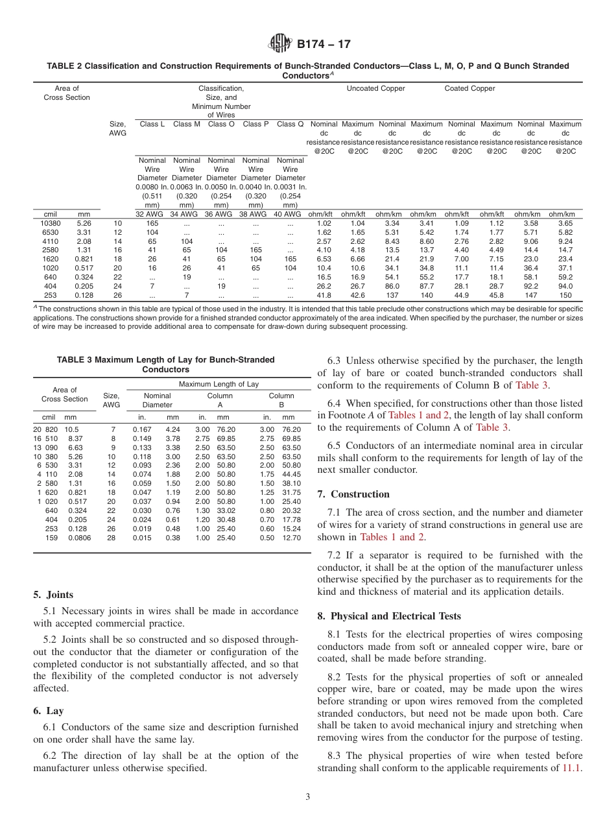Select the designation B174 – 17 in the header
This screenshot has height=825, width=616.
click(x=324, y=45)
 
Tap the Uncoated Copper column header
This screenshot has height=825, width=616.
click(x=376, y=88)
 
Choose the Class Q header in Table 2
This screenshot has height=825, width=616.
click(x=290, y=124)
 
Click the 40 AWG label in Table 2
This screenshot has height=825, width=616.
click(x=290, y=214)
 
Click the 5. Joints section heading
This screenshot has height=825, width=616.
click(x=53, y=595)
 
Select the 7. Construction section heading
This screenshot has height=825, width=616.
click(x=353, y=494)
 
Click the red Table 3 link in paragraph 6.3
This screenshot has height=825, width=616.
click(x=532, y=385)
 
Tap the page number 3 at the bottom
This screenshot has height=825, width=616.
click(x=308, y=797)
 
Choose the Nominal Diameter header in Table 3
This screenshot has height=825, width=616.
click(x=158, y=400)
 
